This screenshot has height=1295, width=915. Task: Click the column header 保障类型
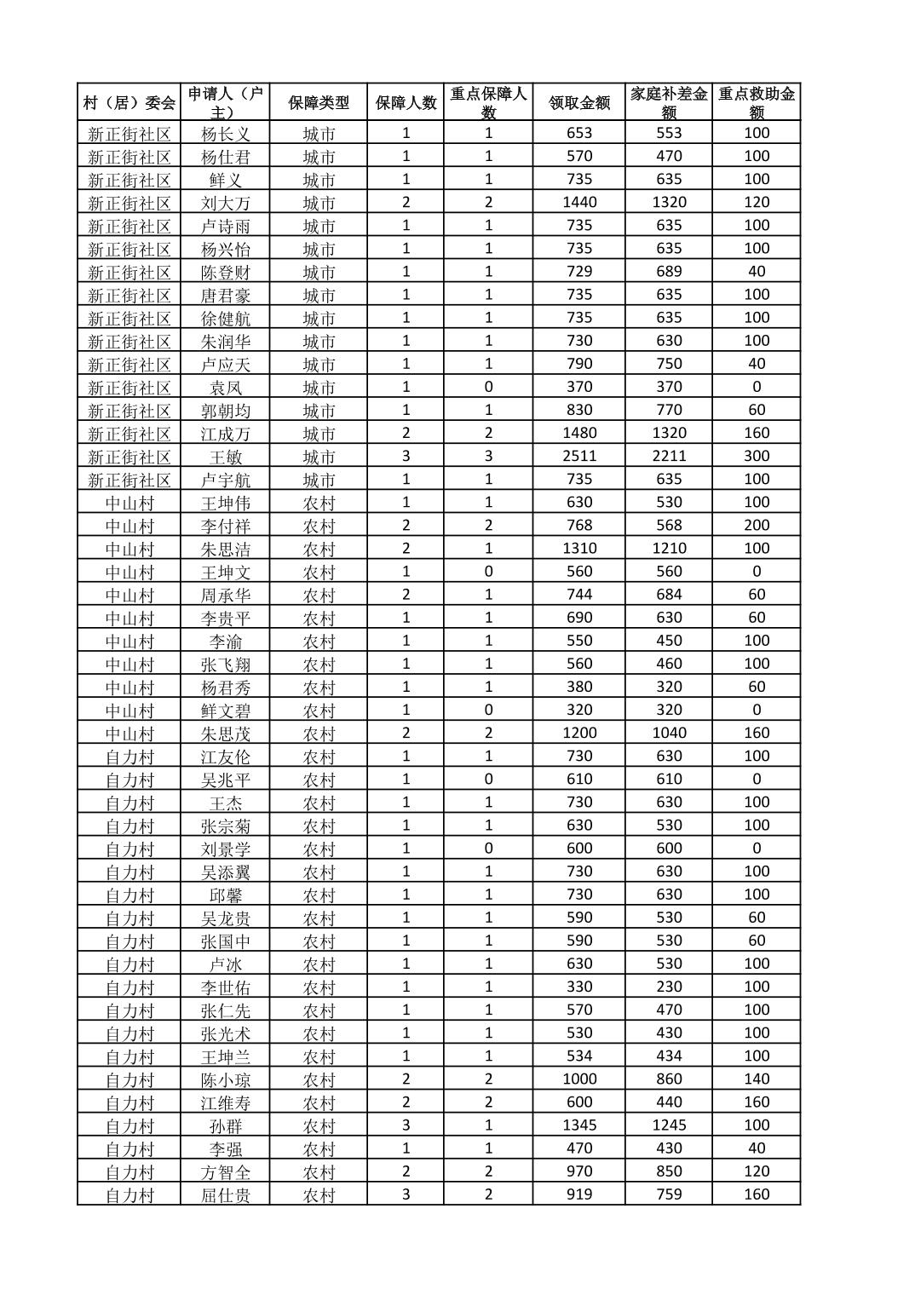coord(319,103)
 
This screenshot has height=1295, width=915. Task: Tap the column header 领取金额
coord(579,103)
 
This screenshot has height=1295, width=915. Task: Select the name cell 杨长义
coord(226,134)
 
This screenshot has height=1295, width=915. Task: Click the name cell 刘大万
coord(226,203)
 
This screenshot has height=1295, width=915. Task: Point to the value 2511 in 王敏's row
coord(579,456)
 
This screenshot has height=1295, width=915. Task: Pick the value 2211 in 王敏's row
coord(669,456)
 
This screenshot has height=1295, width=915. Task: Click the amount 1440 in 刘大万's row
coord(579,202)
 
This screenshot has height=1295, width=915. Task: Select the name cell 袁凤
coord(226,388)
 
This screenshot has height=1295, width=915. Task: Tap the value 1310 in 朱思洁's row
coord(579,548)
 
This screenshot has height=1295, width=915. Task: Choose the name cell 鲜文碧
coord(226,711)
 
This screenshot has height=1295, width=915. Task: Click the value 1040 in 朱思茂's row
coord(669,733)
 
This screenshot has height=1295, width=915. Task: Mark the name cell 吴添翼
coord(226,872)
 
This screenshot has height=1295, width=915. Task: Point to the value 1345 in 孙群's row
coord(579,1125)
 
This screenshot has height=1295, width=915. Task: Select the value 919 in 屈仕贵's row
coord(579,1194)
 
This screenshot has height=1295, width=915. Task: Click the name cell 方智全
coord(226,1171)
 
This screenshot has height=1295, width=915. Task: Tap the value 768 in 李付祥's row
coord(579,525)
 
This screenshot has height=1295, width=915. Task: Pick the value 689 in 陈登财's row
coord(669,271)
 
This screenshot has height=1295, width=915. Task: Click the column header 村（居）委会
coord(129,103)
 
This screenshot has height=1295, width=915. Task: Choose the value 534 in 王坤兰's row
coord(579,1056)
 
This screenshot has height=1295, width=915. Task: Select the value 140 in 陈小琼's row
coord(757,1079)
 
